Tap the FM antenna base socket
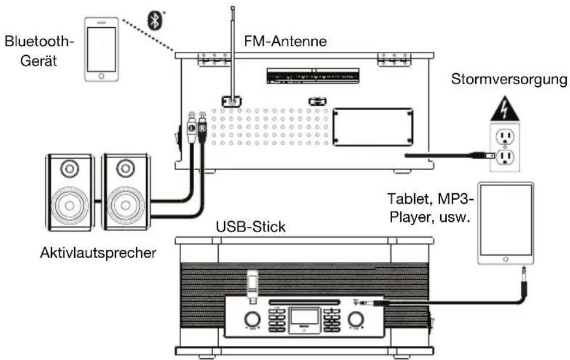(x=232, y=101)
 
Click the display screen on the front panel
(x=303, y=316)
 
